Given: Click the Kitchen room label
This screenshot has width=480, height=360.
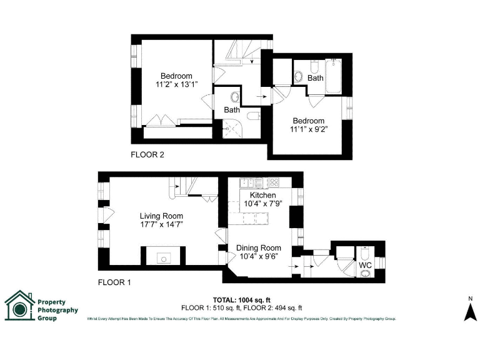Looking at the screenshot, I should coord(262,196).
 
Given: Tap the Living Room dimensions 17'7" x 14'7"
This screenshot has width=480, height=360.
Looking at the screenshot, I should coord(161,224).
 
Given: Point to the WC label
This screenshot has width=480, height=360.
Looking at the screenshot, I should coord(364,265).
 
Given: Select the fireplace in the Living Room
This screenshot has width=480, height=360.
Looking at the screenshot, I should coord(163,256).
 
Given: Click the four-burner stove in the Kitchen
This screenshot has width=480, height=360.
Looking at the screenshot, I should coord(274,183).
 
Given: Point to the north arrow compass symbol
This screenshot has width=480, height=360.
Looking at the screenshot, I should coord(470,309).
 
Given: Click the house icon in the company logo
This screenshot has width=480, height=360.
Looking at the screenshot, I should coord(19,306).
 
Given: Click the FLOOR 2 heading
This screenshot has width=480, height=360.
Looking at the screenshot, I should coord(147,154).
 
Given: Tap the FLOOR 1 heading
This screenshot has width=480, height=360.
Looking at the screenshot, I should coord(114,282).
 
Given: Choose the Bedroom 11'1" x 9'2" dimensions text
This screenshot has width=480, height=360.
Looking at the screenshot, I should coord(309,129).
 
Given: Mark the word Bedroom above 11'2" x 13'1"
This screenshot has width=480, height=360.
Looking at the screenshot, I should coord(176,76).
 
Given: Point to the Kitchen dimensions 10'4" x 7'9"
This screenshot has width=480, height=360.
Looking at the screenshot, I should coord(262,204).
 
